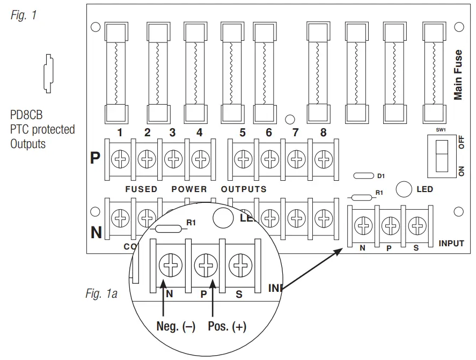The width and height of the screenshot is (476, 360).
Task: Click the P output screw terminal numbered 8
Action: point(323,159)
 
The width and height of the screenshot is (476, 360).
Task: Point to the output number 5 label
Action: point(243,133)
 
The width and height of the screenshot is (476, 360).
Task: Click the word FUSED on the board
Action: point(141,189)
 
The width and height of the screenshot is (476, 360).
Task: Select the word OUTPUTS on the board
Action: point(244,189)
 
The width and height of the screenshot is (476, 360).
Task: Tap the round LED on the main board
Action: point(404,189)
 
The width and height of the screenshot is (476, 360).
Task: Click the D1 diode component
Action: point(363,176)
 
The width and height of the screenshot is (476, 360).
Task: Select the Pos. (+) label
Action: point(226,327)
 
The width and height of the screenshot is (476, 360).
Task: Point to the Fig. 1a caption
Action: point(101,293)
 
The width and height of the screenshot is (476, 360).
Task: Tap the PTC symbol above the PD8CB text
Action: point(48,74)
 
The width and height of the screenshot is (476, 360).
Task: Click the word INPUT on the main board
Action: point(451,244)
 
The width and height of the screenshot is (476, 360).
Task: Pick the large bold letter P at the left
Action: point(95,159)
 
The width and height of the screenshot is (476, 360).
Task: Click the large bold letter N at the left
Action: point(95,232)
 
